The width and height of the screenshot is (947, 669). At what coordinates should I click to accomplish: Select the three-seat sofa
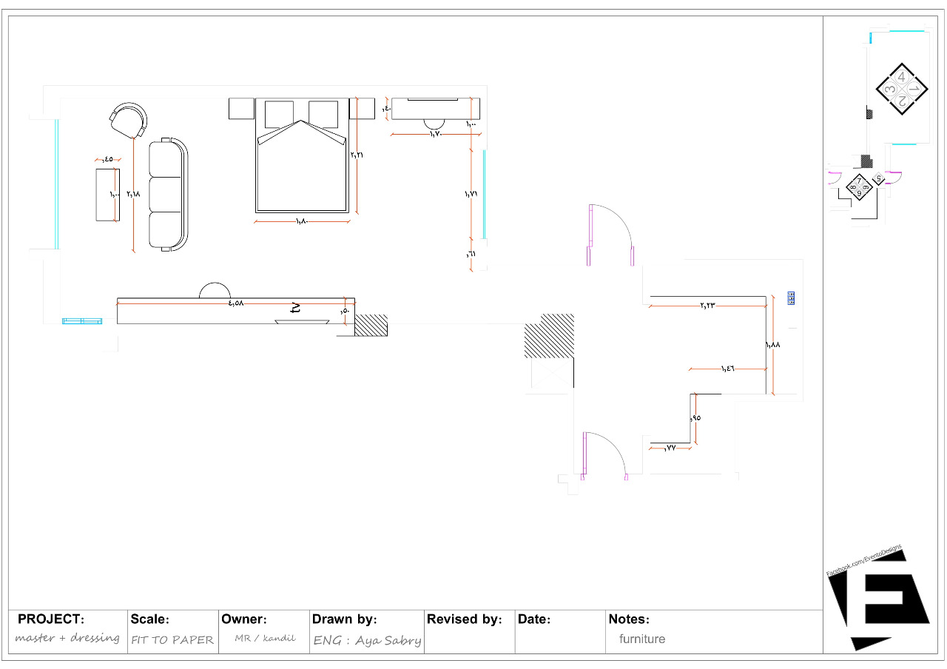coord(168,195)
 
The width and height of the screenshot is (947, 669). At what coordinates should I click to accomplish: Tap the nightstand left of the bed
coord(241,108)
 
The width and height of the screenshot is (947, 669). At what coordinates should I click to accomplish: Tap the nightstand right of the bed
coord(362,108)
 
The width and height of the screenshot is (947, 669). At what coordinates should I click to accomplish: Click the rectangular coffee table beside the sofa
coord(107,195)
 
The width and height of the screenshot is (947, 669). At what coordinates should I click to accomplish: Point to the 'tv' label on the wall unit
coord(296,308)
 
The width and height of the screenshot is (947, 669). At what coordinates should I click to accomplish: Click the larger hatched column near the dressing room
coord(549,336)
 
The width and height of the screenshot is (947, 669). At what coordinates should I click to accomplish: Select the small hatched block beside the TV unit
coord(371,325)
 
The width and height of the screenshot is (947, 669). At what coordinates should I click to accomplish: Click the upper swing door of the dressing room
coord(610,234)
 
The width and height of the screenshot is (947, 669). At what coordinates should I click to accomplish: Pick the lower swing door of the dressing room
coord(605,454)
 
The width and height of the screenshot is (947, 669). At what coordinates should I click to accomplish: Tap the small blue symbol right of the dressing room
coord(791,298)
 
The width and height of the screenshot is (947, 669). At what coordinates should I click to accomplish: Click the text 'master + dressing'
coord(67,638)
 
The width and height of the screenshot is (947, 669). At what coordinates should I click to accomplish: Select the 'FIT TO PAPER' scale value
coord(172,640)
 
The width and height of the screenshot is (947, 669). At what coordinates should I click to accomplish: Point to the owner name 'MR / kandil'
coord(264,638)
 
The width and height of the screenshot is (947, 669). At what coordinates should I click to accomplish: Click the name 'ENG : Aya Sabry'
coord(367,640)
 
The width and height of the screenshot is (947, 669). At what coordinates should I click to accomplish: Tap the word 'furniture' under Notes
coord(642,639)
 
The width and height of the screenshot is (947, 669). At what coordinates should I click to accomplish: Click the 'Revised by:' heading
coord(464,619)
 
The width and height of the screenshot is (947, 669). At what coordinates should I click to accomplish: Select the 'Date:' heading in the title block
coord(534,619)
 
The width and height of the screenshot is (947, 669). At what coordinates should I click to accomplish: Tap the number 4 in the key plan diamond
coord(900,76)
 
